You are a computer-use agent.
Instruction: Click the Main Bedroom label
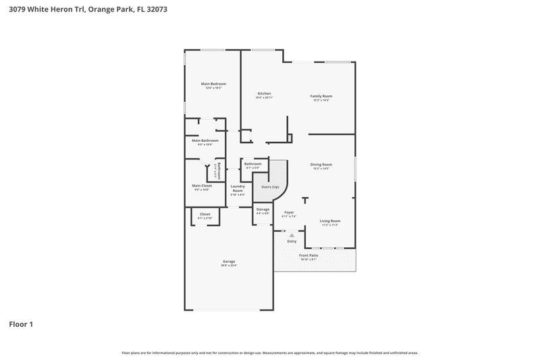[213, 84]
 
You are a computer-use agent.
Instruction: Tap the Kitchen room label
[264, 93]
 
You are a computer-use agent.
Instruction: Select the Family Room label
[321, 96]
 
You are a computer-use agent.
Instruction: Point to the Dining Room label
[321, 164]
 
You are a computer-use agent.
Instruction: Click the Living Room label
[329, 221]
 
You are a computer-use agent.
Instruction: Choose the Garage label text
[229, 261]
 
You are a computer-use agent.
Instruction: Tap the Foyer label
[289, 212]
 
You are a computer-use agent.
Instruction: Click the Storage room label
[263, 209]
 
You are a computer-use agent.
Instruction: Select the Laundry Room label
[237, 188]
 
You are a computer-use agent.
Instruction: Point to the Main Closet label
[202, 186]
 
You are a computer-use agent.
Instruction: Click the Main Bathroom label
[205, 140]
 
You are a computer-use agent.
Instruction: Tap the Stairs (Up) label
[270, 186]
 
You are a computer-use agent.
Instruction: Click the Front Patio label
[310, 255]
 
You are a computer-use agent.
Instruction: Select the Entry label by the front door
[292, 241]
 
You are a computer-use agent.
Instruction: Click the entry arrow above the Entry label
[292, 235]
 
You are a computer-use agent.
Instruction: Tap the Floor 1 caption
[21, 324]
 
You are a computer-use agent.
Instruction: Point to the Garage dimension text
[229, 265]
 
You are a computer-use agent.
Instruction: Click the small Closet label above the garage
[205, 214]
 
